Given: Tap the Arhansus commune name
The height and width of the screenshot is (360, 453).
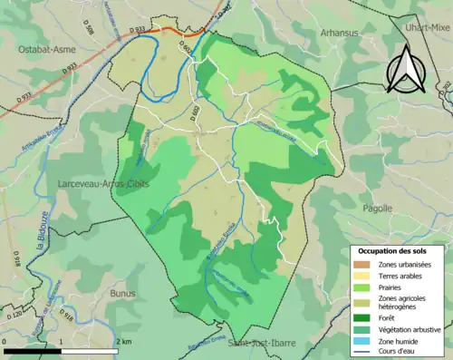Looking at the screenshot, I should click(341, 33).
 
